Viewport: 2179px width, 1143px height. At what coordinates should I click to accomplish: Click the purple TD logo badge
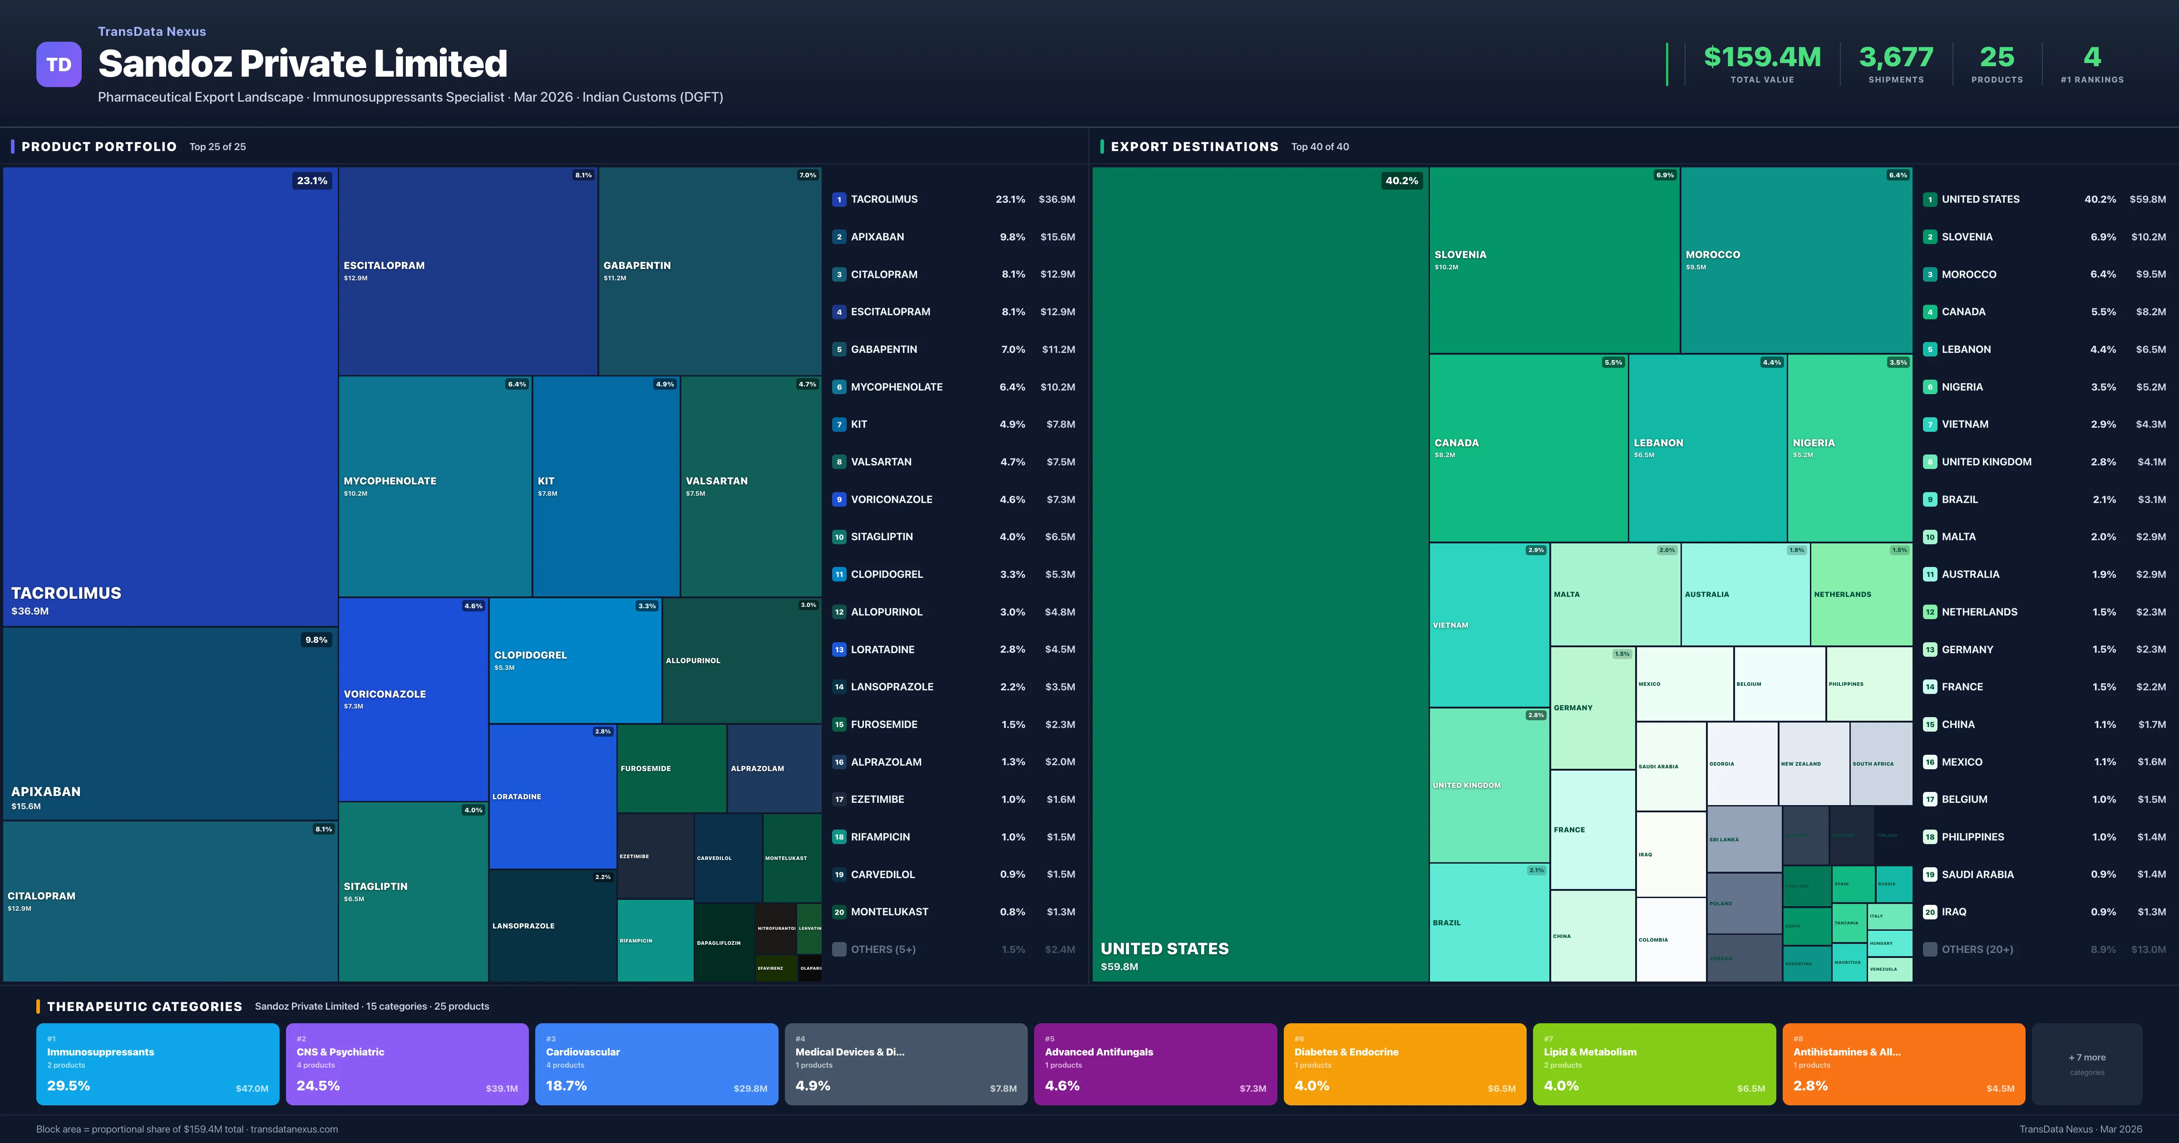coord(59,64)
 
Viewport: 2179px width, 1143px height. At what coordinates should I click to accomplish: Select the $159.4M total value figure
coord(1762,58)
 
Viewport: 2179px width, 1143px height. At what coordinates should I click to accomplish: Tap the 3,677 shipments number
coord(1896,58)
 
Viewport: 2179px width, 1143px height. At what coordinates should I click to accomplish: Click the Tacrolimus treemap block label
coord(66,593)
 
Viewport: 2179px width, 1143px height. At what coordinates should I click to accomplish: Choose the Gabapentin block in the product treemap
coord(709,270)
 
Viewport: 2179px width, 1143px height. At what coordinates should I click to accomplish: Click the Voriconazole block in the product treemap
coord(413,698)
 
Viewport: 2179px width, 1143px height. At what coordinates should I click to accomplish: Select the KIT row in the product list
coord(953,425)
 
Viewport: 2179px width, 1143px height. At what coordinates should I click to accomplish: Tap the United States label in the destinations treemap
coord(1164,948)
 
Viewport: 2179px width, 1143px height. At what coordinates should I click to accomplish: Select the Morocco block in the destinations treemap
coord(1795,259)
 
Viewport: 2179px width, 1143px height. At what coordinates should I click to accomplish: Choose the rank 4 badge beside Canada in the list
coord(1929,312)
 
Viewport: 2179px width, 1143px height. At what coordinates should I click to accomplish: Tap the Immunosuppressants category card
coord(158,1064)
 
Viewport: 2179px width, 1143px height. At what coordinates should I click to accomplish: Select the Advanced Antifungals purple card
coord(1154,1064)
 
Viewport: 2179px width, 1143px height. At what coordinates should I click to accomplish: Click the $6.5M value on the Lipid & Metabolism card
coord(1750,1088)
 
